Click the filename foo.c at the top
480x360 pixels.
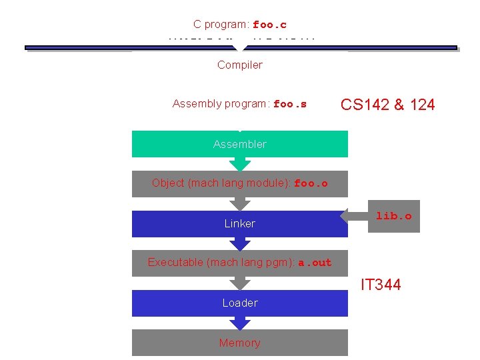pyautogui.click(x=269, y=25)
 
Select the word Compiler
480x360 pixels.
pyautogui.click(x=239, y=65)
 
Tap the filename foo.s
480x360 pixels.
pyautogui.click(x=290, y=104)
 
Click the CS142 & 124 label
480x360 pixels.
pyautogui.click(x=387, y=105)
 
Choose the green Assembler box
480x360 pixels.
pyautogui.click(x=239, y=144)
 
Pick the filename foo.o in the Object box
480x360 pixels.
pyautogui.click(x=311, y=183)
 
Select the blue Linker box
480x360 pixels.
pyautogui.click(x=239, y=223)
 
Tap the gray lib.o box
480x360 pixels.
pyautogui.click(x=394, y=216)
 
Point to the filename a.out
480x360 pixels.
pyautogui.click(x=315, y=263)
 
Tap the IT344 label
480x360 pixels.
pyautogui.click(x=381, y=285)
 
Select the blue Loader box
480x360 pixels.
pyautogui.click(x=239, y=303)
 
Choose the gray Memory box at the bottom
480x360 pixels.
pyautogui.click(x=239, y=343)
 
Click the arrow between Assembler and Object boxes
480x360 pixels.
pyautogui.click(x=239, y=164)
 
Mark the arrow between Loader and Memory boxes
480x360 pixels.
pyautogui.click(x=239, y=323)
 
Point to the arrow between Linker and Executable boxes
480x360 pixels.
pyautogui.click(x=239, y=243)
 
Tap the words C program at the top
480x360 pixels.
pyautogui.click(x=221, y=25)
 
